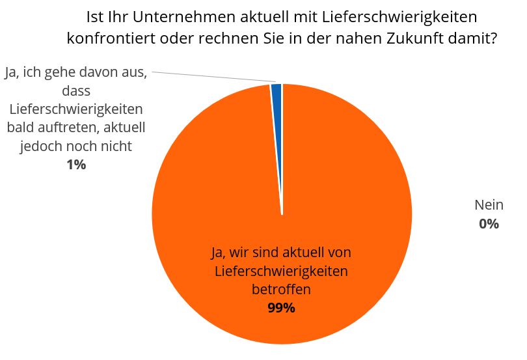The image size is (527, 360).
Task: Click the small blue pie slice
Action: [277, 92]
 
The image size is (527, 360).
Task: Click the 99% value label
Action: [281, 308]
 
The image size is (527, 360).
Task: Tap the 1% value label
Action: [76, 165]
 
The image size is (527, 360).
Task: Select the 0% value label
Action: [489, 224]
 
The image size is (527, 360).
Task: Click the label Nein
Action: [489, 205]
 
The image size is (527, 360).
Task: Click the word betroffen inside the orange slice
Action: [281, 289]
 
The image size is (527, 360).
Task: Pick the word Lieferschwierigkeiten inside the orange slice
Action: [281, 270]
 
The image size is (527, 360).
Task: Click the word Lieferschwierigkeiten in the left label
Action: [76, 109]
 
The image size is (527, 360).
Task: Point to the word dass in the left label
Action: [76, 90]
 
